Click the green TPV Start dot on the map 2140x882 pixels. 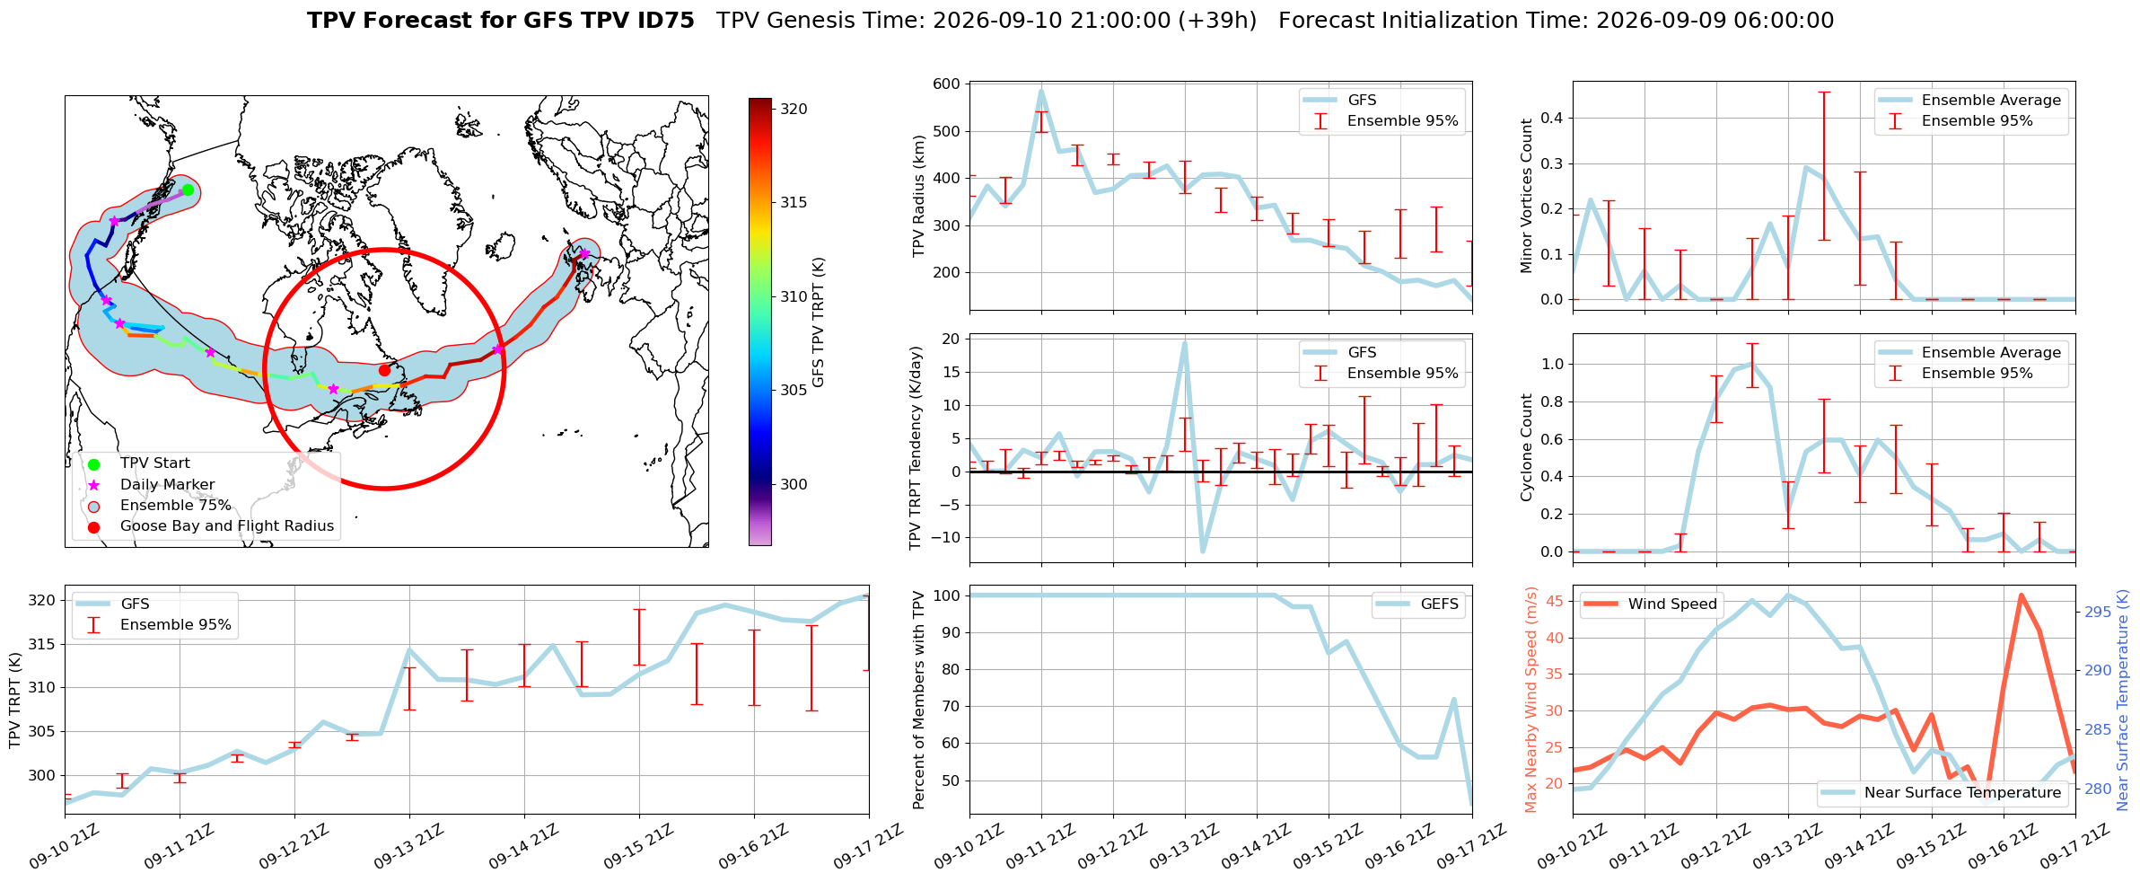(188, 190)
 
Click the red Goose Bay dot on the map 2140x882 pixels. (384, 370)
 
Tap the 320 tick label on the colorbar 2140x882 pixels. (794, 110)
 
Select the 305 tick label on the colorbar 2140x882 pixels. (794, 391)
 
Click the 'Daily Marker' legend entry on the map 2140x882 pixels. (153, 485)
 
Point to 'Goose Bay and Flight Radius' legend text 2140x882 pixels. (227, 526)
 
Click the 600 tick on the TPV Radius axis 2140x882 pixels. (947, 84)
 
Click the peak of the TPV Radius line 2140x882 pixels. (1041, 90)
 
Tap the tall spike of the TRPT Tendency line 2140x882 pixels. (1185, 342)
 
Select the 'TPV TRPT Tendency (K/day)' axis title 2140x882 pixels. (916, 448)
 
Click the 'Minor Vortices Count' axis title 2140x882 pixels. (1527, 195)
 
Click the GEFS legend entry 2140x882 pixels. (1418, 604)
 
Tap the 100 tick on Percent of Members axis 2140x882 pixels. (947, 595)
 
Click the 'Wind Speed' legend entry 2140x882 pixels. (1650, 604)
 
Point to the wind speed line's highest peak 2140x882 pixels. (2021, 595)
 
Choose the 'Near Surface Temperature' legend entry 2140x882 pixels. (1942, 793)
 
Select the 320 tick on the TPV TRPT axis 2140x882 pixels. (43, 601)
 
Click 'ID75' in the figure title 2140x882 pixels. (665, 21)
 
